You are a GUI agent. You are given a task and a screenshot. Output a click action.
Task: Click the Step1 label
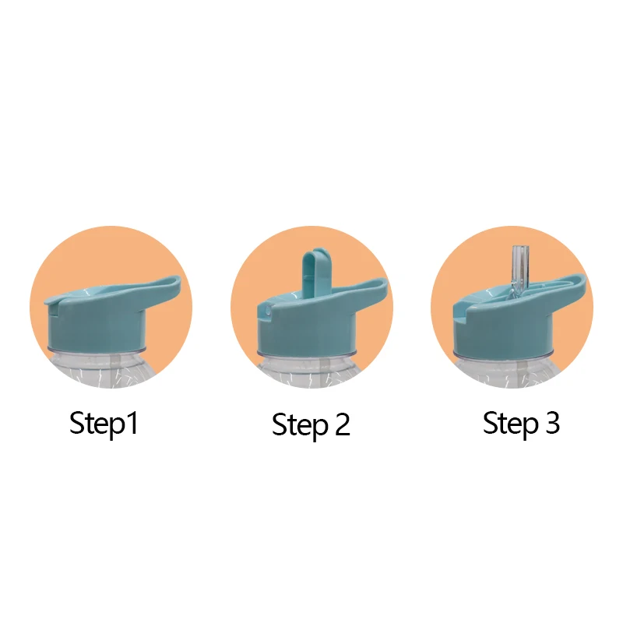pos(104,424)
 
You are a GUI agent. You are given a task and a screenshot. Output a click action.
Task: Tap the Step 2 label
pos(311,425)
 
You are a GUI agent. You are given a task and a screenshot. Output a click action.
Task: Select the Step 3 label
pos(521,424)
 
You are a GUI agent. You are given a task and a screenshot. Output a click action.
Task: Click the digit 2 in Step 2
pos(342,424)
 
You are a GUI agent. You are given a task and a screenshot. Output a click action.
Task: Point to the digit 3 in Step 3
pos(552,423)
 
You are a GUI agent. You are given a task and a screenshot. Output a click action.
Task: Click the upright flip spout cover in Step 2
pos(314,274)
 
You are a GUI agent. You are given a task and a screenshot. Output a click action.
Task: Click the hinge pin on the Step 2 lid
pos(266,311)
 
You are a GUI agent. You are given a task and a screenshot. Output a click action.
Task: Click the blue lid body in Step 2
pos(306,329)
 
